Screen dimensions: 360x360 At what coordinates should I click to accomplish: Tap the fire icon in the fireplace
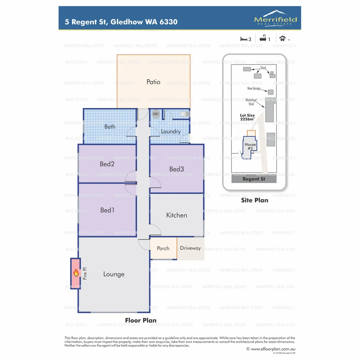tap(76, 274)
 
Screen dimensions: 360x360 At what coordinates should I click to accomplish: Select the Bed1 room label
tap(107, 210)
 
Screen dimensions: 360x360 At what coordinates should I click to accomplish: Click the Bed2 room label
tap(107, 164)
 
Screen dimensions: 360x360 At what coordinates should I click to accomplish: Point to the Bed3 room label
tap(176, 169)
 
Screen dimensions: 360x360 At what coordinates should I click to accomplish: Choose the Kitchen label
tap(176, 215)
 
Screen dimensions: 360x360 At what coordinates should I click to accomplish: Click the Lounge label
tap(114, 274)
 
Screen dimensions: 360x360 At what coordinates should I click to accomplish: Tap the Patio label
tap(153, 82)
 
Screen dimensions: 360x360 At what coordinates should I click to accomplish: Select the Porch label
tap(163, 248)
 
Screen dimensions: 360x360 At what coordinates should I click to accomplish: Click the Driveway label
tap(190, 248)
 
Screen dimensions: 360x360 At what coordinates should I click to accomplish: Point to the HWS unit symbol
tap(156, 114)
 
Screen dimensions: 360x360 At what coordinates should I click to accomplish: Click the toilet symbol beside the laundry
tap(183, 114)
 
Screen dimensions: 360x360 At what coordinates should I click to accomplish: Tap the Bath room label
tap(110, 127)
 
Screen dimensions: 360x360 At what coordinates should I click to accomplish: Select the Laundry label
tap(170, 132)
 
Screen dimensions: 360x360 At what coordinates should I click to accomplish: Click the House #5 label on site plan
tap(250, 146)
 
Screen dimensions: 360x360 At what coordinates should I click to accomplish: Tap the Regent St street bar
tap(254, 179)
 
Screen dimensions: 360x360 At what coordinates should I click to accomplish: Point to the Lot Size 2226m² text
tap(247, 117)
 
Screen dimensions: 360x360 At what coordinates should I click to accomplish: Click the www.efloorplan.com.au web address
tap(272, 349)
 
